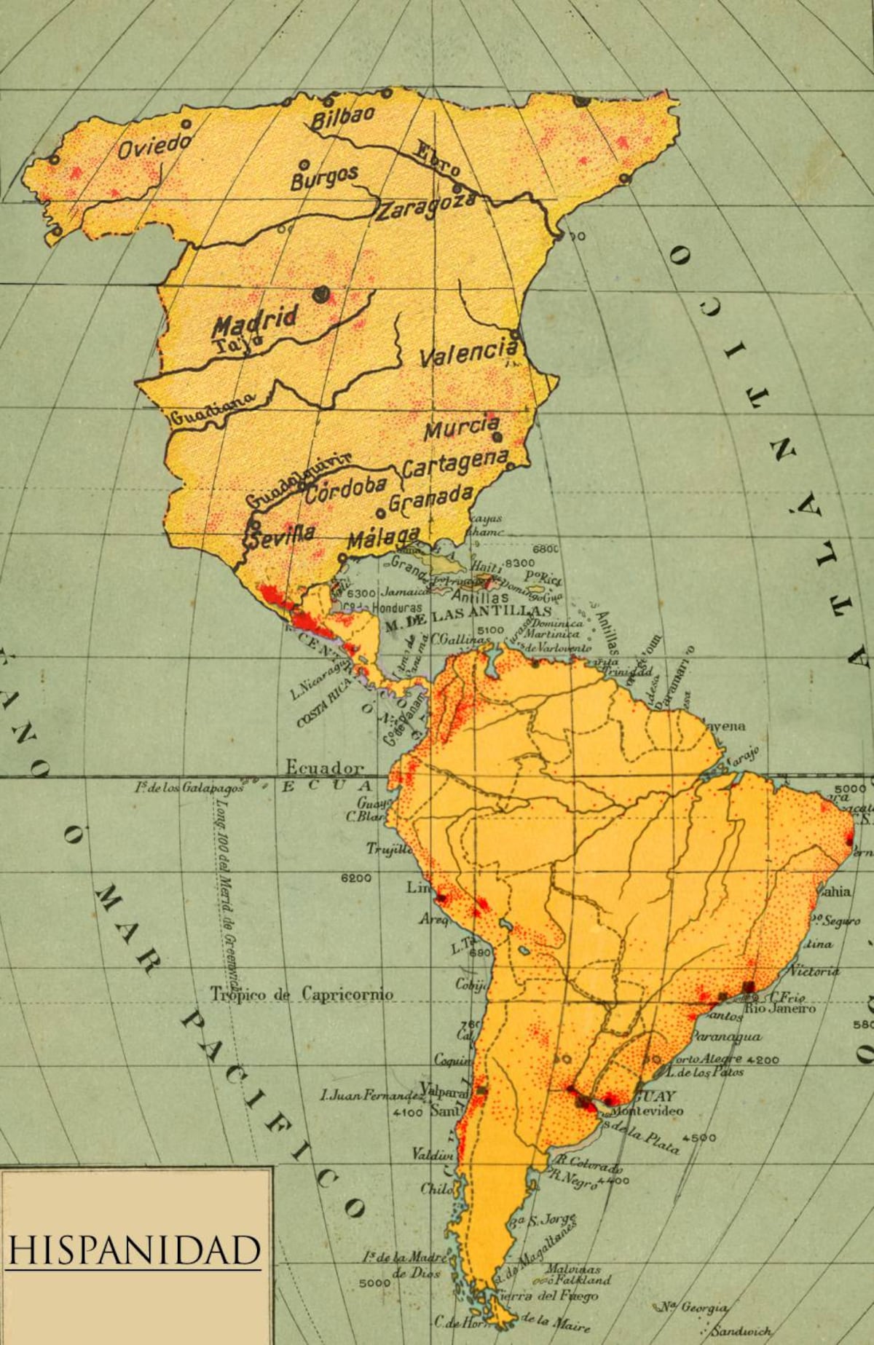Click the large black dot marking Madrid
pos(320,294)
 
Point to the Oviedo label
pos(154,146)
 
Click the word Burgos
pos(324,177)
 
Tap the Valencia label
pos(468,353)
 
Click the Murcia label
pos(462,427)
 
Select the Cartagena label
pos(455,464)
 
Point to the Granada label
pos(430,499)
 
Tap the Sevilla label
pos(282,535)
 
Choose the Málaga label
pos(383,537)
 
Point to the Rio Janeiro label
pos(780,1009)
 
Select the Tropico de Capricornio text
pos(302,994)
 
